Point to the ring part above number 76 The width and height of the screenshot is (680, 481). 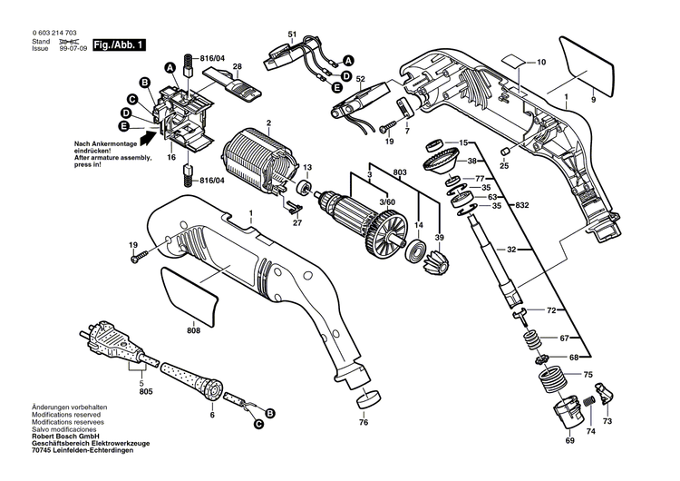(369, 398)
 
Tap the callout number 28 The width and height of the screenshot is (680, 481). (237, 66)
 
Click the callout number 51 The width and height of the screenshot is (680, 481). (292, 34)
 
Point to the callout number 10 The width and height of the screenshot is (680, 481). (541, 63)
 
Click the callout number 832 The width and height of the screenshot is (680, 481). (520, 205)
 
